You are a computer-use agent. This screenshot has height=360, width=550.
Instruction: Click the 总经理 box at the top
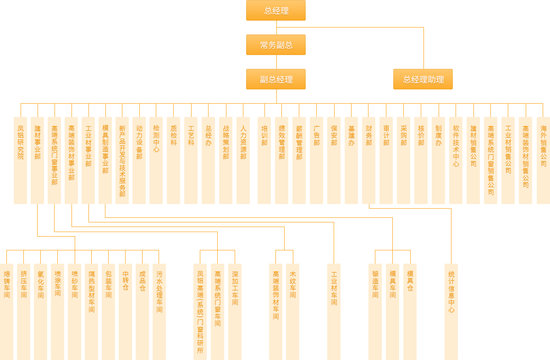click(x=276, y=11)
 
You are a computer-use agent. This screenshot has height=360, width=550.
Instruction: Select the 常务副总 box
click(x=276, y=45)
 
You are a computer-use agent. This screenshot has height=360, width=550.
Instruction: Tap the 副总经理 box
click(x=276, y=79)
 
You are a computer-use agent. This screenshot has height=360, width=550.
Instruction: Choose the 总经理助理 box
click(x=423, y=79)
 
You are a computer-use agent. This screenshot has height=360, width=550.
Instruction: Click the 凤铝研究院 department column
click(x=20, y=160)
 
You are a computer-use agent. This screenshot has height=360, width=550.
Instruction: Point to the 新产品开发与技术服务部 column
click(x=122, y=160)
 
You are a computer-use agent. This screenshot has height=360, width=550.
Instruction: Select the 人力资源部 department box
click(x=243, y=160)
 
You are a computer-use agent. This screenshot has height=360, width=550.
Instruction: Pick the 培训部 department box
click(x=264, y=160)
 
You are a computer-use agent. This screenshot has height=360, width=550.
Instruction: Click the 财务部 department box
click(x=368, y=160)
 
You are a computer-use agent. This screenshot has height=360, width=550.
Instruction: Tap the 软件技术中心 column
click(x=456, y=160)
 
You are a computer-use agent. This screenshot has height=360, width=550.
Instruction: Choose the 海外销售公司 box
click(x=543, y=160)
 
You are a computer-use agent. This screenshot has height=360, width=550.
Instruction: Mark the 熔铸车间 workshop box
click(x=6, y=311)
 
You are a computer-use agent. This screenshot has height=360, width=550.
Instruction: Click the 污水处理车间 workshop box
click(x=159, y=311)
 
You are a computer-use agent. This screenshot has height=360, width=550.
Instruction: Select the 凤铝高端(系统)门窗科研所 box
click(x=200, y=311)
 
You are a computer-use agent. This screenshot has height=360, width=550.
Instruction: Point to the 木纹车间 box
click(x=292, y=311)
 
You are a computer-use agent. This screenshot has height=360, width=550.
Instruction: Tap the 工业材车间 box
click(x=334, y=311)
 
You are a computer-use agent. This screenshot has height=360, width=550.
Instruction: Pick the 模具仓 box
click(x=410, y=311)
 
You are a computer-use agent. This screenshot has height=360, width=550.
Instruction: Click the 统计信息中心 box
click(x=451, y=311)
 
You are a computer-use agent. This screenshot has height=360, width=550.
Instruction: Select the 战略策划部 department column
click(x=225, y=160)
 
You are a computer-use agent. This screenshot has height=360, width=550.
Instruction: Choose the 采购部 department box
click(x=403, y=160)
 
